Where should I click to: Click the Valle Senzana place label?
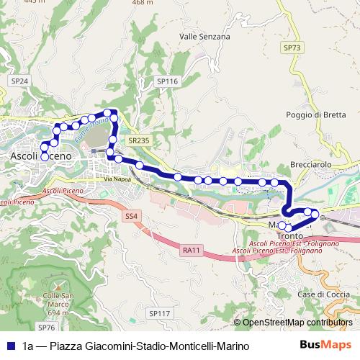(204, 36)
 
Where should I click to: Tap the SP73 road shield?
(291, 48)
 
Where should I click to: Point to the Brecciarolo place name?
(310, 164)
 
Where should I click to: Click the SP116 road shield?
(167, 82)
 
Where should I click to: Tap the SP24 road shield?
(19, 82)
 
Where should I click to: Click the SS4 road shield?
(130, 215)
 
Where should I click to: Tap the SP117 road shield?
(159, 313)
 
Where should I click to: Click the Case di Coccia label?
(318, 295)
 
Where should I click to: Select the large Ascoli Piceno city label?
(41, 156)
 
